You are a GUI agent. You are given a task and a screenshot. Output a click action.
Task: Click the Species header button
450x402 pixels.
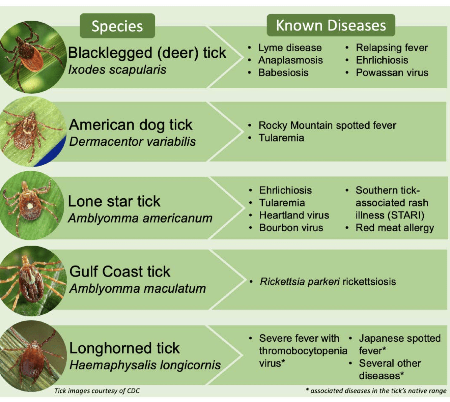117,26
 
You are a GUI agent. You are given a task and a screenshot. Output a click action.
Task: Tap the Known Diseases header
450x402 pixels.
331,25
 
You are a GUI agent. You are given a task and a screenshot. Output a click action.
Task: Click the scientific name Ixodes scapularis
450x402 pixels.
117,69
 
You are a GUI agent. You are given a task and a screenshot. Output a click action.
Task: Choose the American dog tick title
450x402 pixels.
131,125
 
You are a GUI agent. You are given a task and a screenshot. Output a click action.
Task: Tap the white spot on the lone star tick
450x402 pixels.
29,206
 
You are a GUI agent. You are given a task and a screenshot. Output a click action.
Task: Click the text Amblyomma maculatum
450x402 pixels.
138,288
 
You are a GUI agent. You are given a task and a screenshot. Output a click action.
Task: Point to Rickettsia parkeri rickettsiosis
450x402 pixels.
328,282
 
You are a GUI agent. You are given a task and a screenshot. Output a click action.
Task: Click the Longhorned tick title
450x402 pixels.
124,348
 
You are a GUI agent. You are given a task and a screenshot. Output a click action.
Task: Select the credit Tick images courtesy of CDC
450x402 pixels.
97,391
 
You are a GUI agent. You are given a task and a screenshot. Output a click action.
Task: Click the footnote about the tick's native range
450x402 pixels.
376,391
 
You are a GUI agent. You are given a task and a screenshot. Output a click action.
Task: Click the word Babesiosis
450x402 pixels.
283,73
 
